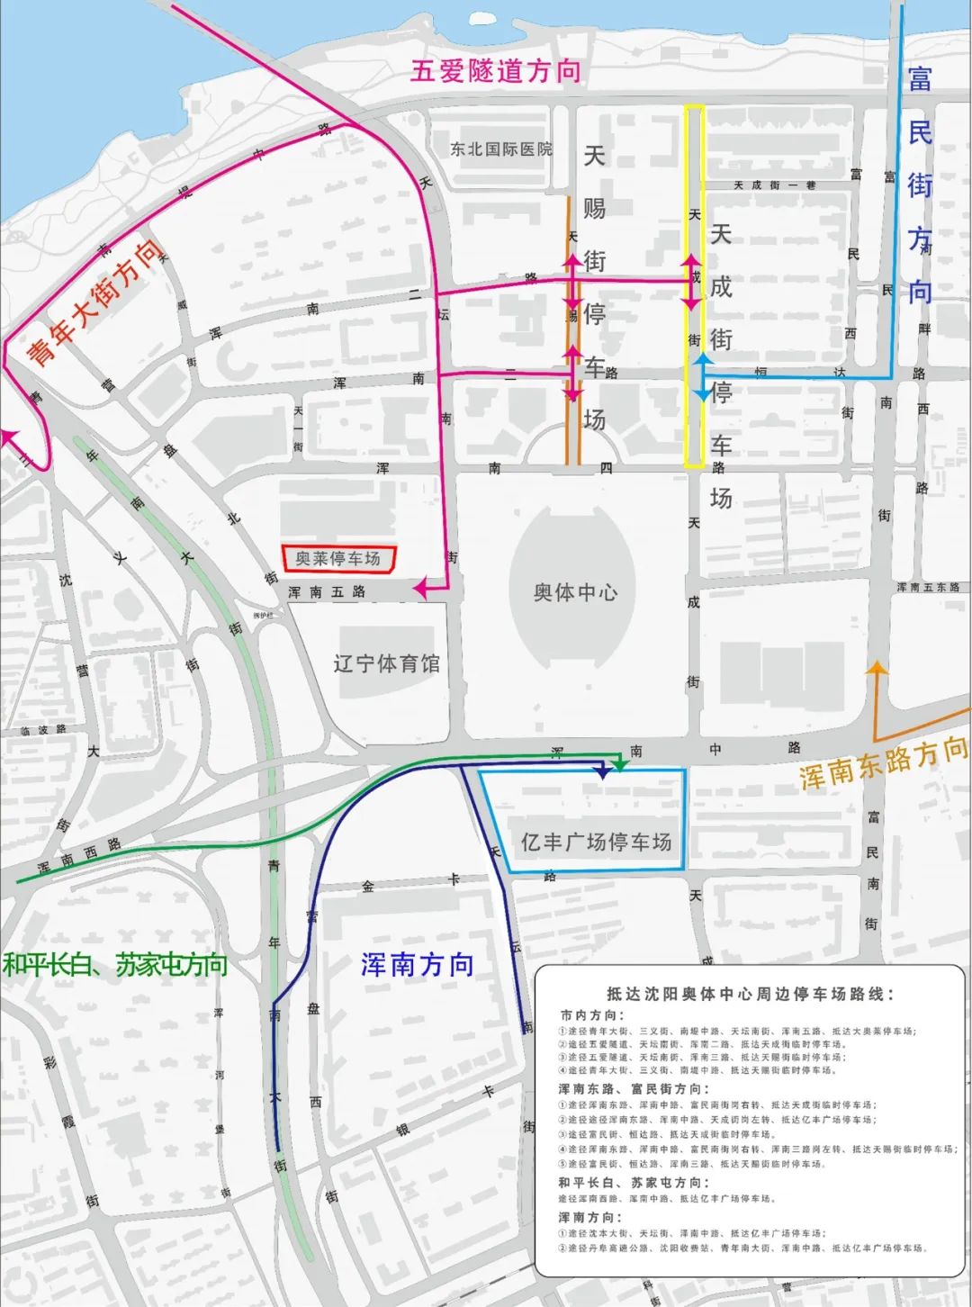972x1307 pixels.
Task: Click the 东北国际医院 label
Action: (x=501, y=149)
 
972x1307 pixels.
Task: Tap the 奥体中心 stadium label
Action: (x=575, y=592)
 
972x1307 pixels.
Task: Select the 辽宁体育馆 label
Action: (x=386, y=664)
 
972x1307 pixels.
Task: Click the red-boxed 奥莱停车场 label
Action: (x=337, y=559)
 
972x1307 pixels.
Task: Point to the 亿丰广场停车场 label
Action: (x=596, y=843)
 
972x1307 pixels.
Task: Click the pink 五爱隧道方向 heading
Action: (x=495, y=71)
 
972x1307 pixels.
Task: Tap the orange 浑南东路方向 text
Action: (x=883, y=764)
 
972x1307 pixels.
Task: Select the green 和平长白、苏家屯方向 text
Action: (x=115, y=965)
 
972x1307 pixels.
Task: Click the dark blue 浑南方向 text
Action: (x=417, y=965)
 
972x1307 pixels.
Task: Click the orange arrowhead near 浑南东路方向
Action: (x=877, y=668)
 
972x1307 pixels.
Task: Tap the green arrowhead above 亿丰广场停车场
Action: (x=620, y=764)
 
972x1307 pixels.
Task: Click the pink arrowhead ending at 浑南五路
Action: (x=420, y=589)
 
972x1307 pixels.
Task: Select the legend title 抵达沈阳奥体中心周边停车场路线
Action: (x=751, y=994)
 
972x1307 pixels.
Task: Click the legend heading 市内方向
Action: (x=590, y=1015)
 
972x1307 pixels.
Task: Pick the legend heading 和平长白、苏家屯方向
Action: (x=633, y=1183)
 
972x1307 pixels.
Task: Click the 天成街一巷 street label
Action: (x=774, y=185)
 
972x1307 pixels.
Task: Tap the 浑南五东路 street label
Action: (x=927, y=587)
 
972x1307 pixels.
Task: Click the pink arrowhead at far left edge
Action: (x=11, y=437)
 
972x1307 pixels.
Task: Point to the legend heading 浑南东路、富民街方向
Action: (x=633, y=1089)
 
